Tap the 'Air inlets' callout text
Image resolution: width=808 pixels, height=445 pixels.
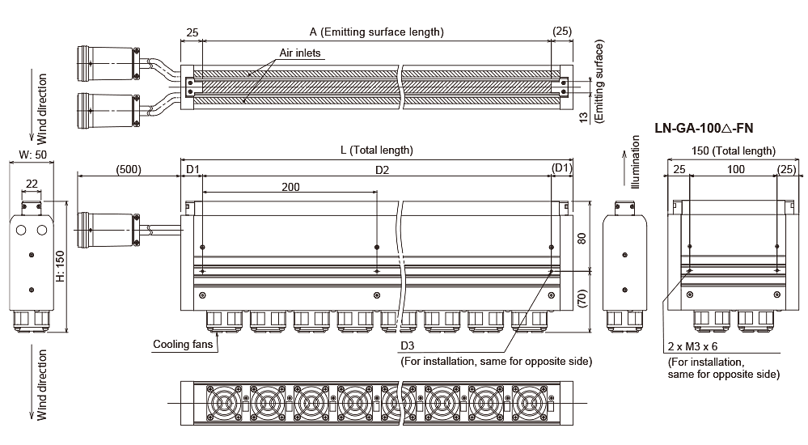300,53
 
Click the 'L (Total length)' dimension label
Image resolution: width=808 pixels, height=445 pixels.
376,150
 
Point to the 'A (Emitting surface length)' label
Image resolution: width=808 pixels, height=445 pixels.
377,32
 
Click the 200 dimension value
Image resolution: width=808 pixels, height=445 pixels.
290,187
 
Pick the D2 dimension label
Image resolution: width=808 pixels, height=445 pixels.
383,170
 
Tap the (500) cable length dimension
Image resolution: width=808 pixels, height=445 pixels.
128,170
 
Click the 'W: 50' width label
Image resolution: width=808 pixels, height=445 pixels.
32,154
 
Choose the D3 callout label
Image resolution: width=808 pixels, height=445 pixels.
409,345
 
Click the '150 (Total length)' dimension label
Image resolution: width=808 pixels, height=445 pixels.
734,150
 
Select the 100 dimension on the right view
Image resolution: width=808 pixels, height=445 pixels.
735,170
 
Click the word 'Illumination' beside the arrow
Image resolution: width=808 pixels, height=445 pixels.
636,165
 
